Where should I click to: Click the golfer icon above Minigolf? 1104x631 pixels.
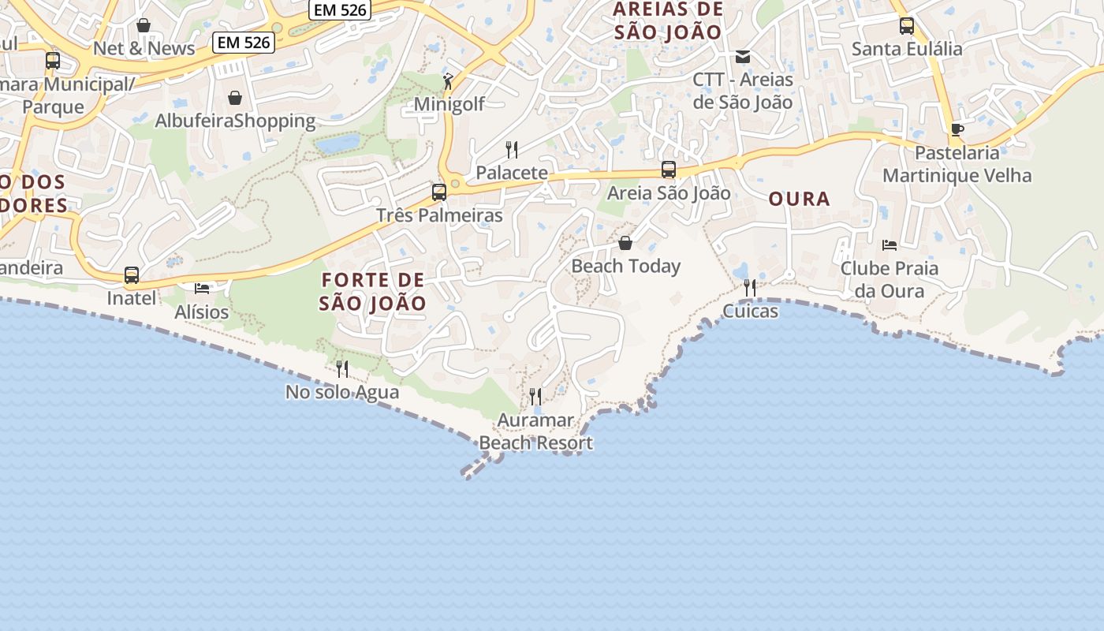click(448, 80)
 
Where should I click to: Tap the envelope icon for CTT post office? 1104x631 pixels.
click(743, 57)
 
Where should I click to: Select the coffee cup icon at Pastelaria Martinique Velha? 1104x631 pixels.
click(957, 129)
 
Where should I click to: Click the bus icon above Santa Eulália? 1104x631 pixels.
click(907, 25)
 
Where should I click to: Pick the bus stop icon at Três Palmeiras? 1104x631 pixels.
click(439, 192)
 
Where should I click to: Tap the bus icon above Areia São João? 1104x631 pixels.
click(669, 170)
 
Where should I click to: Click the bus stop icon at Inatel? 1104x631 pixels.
click(132, 275)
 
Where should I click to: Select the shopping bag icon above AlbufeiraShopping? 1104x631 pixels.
click(235, 98)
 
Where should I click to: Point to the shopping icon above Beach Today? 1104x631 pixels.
click(625, 243)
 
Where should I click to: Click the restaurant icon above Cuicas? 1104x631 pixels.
click(750, 288)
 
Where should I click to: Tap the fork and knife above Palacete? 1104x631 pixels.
click(512, 149)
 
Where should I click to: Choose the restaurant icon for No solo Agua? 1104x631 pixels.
click(342, 368)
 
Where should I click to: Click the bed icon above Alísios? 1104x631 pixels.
click(202, 289)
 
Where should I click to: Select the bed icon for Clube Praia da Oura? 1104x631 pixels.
click(890, 245)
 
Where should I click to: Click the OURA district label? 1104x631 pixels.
click(800, 199)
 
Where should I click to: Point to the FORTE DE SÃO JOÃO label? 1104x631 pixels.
click(373, 292)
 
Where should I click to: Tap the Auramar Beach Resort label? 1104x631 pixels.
click(536, 431)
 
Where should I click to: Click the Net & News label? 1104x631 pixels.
click(144, 49)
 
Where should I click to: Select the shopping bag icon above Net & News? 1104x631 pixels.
click(144, 26)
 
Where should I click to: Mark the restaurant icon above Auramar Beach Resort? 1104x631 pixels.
click(535, 396)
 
